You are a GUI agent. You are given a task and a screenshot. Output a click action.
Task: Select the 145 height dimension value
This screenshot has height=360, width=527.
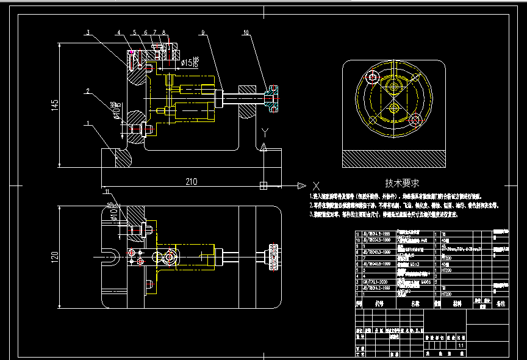(56, 105)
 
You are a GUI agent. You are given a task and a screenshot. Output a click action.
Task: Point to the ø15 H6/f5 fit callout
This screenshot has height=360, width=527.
(188, 62)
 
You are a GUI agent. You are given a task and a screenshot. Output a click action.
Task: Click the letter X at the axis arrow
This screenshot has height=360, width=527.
(315, 184)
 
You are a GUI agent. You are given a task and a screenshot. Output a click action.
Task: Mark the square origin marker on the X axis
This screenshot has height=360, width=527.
(263, 184)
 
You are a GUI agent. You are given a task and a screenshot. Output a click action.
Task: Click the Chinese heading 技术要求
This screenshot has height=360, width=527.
(402, 182)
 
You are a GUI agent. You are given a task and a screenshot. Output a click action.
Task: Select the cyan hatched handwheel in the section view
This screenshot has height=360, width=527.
(273, 98)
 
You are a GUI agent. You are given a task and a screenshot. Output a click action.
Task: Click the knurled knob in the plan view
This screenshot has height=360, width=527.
(272, 257)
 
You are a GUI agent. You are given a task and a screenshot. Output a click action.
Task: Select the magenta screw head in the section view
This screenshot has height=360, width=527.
(132, 53)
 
